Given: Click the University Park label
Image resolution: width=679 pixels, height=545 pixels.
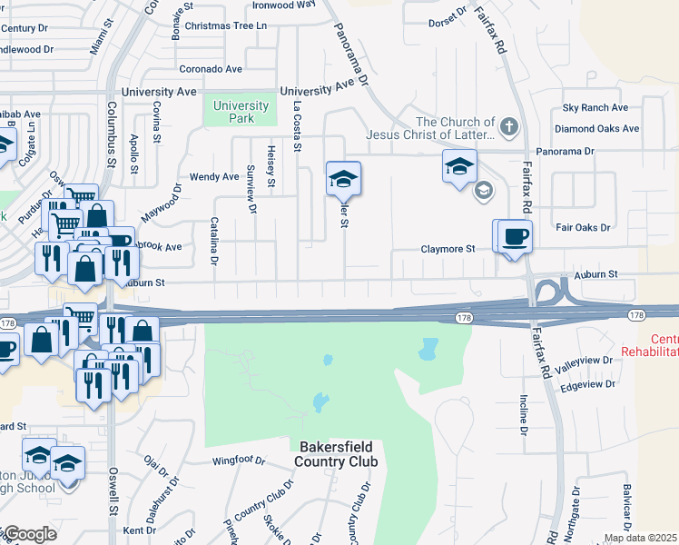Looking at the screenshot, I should pyautogui.click(x=241, y=112).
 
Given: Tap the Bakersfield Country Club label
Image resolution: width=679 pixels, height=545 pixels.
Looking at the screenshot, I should pyautogui.click(x=335, y=454).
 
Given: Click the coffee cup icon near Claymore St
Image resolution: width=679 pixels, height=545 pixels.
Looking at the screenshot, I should pyautogui.click(x=515, y=236).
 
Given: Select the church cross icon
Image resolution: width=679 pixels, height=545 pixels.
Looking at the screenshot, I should pyautogui.click(x=509, y=127).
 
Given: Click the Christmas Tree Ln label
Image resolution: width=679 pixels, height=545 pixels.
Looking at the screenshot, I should pyautogui.click(x=225, y=25).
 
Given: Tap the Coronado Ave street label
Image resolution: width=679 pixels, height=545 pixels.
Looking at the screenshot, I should pyautogui.click(x=211, y=69).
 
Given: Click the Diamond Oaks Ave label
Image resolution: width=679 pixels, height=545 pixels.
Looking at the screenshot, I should pyautogui.click(x=597, y=129).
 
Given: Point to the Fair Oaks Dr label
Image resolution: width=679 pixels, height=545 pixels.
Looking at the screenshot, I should pyautogui.click(x=583, y=227).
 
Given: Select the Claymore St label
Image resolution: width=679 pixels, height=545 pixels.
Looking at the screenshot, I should pyautogui.click(x=448, y=249).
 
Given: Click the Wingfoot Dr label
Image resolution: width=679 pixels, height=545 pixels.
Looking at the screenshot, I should pyautogui.click(x=238, y=461).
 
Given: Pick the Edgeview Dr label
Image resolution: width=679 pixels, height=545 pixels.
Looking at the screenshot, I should pyautogui.click(x=588, y=384).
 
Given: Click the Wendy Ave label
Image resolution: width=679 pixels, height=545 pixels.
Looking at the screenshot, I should pyautogui.click(x=213, y=177).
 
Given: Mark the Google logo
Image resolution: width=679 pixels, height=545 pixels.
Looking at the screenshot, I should pyautogui.click(x=29, y=534).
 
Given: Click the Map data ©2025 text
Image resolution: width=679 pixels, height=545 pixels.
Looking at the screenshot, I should pyautogui.click(x=641, y=538).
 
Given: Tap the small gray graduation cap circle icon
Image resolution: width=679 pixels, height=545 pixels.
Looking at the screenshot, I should pyautogui.click(x=484, y=190).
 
